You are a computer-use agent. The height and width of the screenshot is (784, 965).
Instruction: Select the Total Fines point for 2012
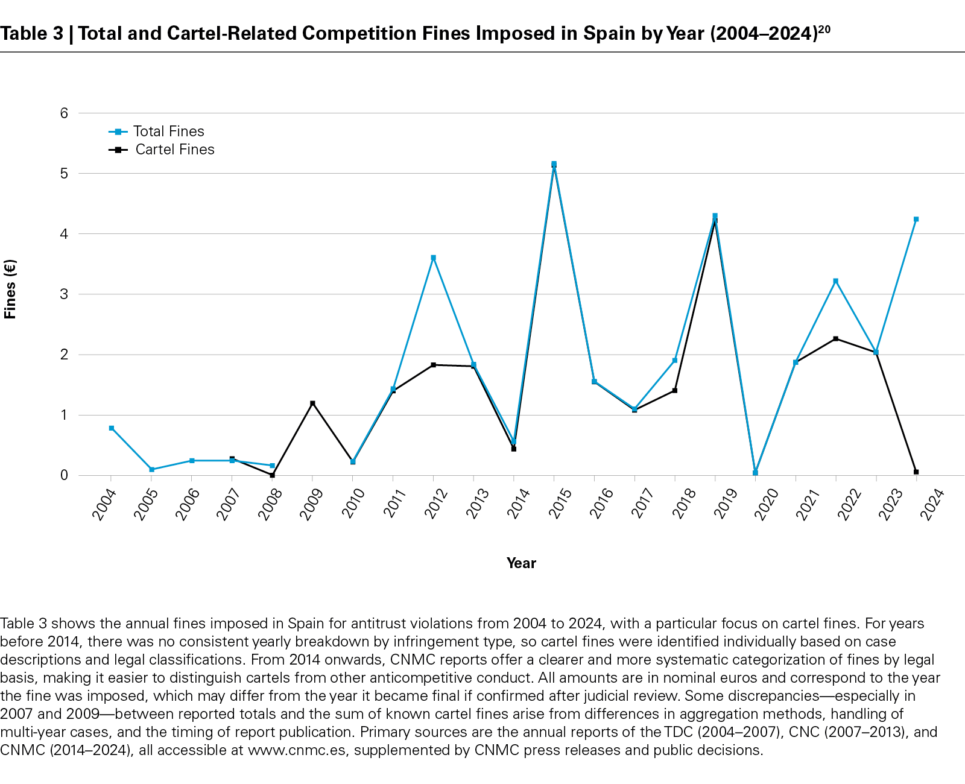point(433,258)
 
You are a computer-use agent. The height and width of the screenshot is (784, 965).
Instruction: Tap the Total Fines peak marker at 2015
point(554,164)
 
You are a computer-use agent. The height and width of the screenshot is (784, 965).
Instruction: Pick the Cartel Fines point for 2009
point(312,403)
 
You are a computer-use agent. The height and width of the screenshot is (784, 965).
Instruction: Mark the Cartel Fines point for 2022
point(835,338)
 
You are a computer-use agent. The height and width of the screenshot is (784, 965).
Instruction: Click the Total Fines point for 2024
point(916,219)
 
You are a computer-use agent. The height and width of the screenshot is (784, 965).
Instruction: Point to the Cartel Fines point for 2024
point(916,472)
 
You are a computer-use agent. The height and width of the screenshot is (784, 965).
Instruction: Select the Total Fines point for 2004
point(112,428)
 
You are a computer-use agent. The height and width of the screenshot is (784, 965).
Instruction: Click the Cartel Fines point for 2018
point(674,390)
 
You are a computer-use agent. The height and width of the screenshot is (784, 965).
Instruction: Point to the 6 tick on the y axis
point(64,113)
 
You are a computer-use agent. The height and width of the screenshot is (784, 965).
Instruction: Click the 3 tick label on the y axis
point(64,294)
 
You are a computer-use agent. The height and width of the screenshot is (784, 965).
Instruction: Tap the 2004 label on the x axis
point(104,504)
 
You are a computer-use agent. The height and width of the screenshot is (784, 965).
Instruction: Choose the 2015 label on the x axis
point(560,504)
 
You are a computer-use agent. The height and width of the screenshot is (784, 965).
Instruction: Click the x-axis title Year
point(521,563)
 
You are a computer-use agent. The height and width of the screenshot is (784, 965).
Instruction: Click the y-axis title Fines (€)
point(10,289)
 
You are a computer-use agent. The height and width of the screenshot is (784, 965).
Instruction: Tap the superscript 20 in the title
point(824,29)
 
